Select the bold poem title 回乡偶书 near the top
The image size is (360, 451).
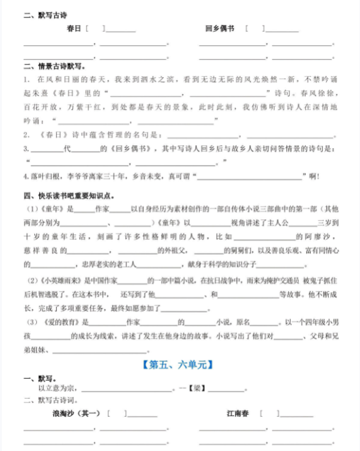(219, 29)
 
